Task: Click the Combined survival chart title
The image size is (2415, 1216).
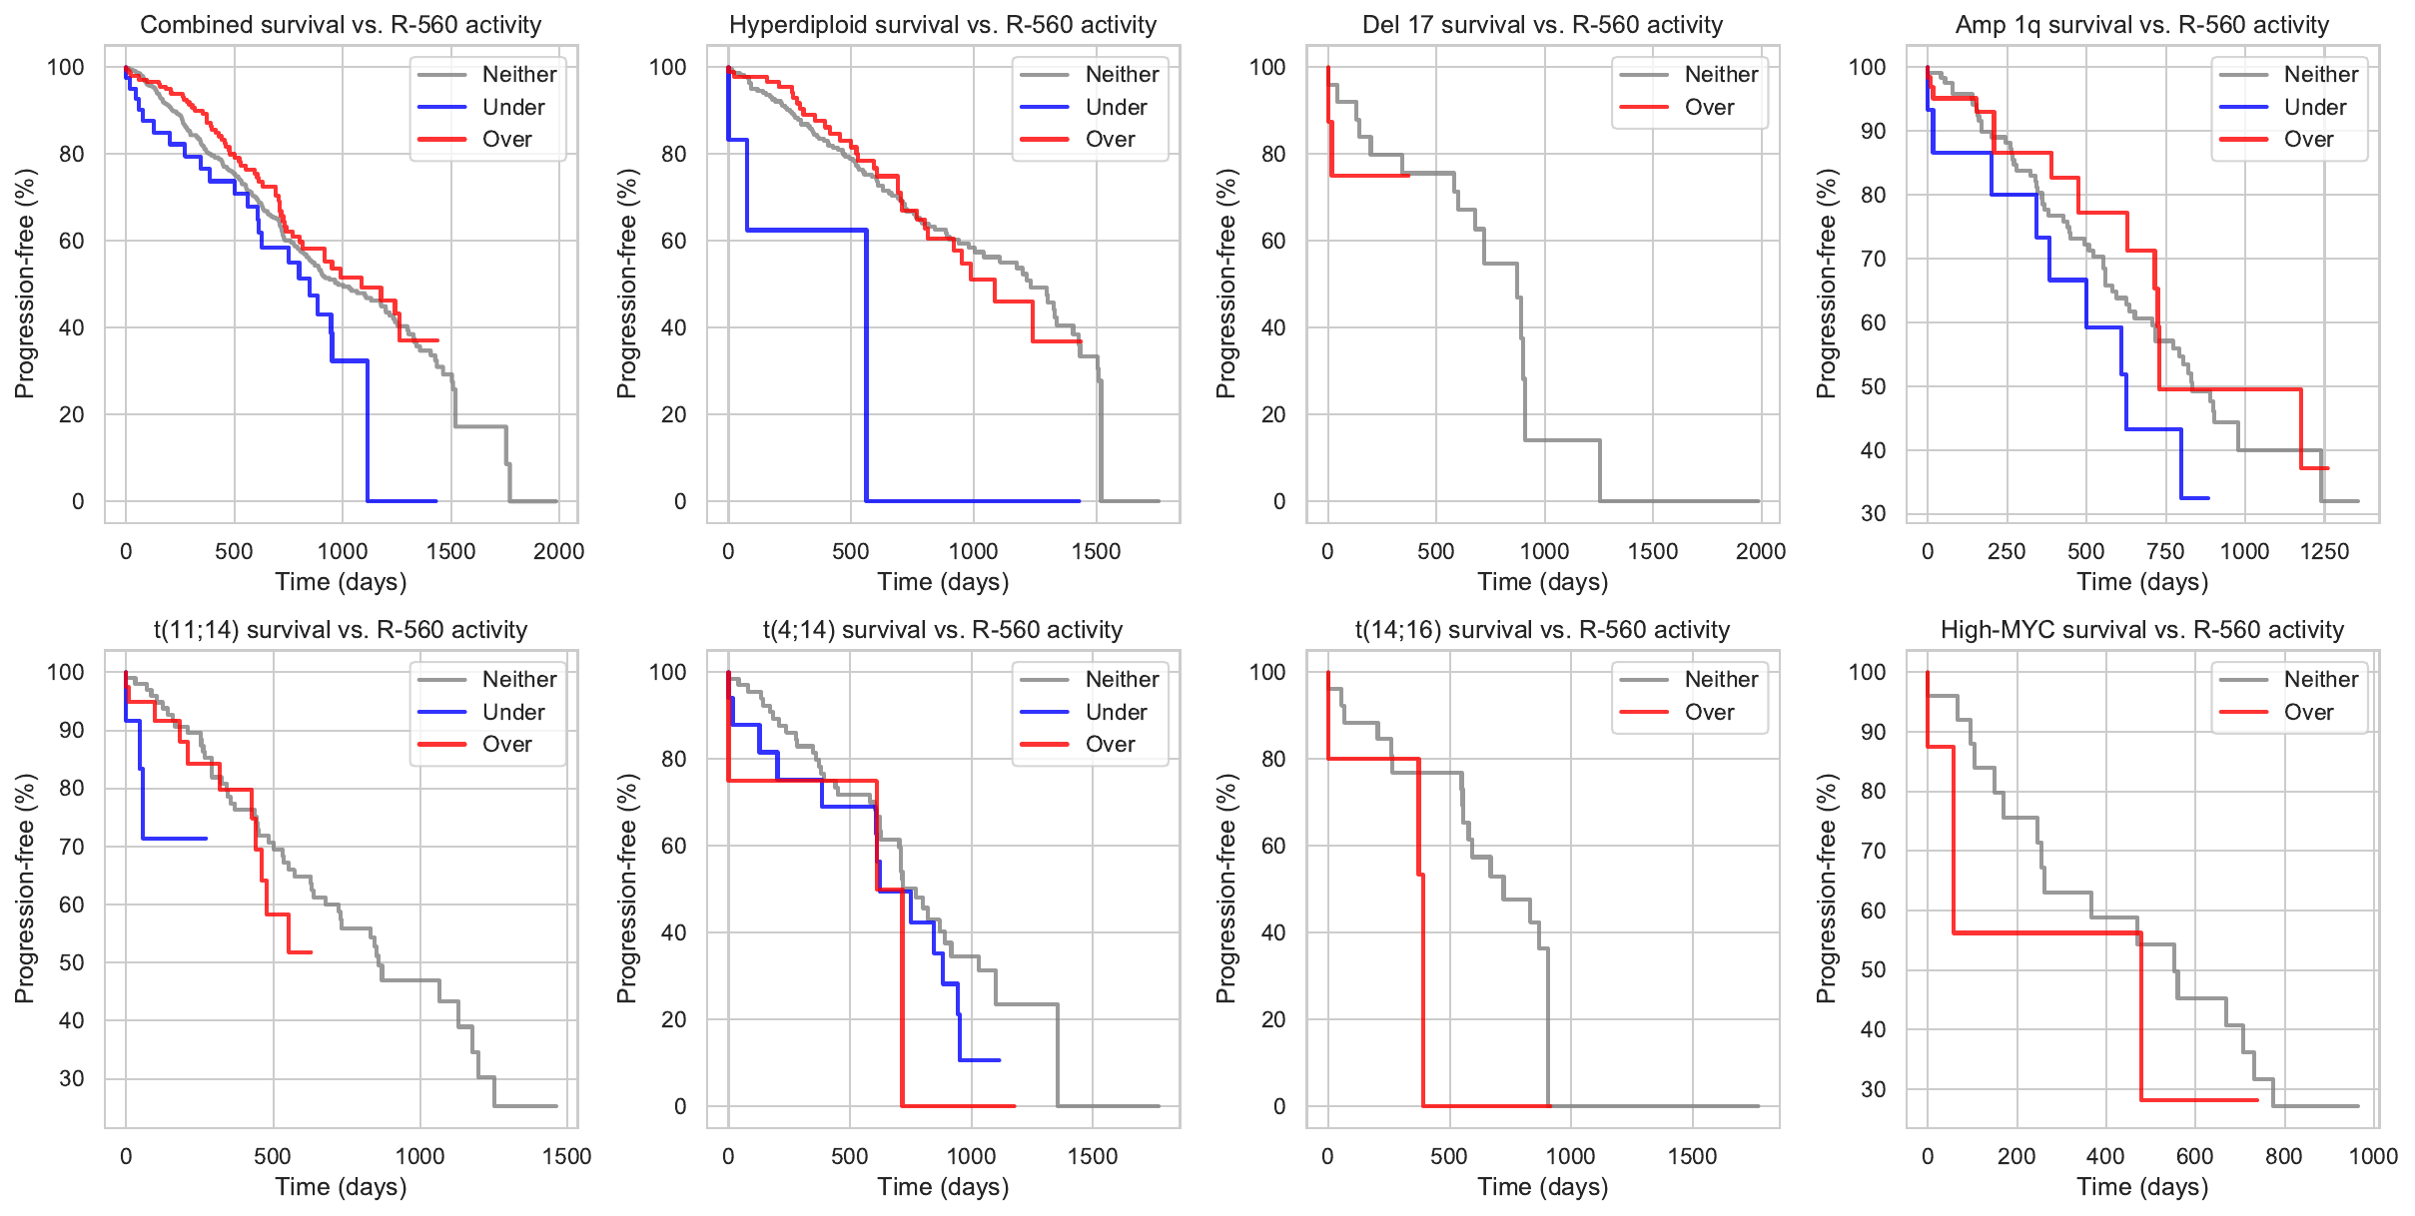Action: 341,25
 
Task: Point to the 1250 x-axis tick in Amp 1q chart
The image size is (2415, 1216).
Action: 2324,551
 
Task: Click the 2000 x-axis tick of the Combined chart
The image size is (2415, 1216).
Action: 558,551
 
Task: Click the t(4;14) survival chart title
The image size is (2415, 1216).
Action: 943,630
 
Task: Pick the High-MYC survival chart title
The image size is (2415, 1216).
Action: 2141,630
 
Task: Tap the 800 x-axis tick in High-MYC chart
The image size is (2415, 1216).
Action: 2283,1156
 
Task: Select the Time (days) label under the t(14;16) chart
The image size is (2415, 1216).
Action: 1542,1187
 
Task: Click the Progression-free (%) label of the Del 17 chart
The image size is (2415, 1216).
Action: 1226,284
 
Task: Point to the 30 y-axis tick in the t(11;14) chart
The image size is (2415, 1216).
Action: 72,1078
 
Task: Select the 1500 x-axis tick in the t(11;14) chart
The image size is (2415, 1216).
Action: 566,1156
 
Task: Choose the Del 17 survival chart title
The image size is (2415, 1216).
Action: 1542,25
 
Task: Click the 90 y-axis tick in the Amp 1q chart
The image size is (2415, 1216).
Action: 1873,131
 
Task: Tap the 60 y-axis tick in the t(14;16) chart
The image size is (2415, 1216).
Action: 1272,846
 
